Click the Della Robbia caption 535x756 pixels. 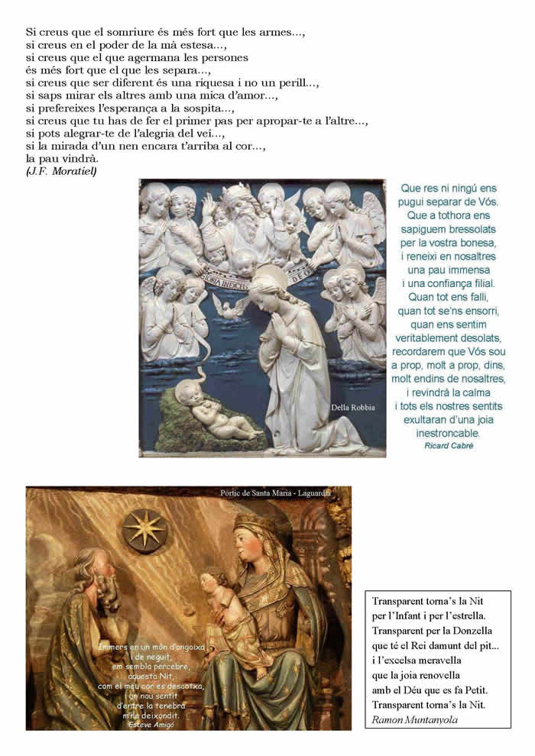(352, 407)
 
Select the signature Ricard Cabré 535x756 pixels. (448, 445)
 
